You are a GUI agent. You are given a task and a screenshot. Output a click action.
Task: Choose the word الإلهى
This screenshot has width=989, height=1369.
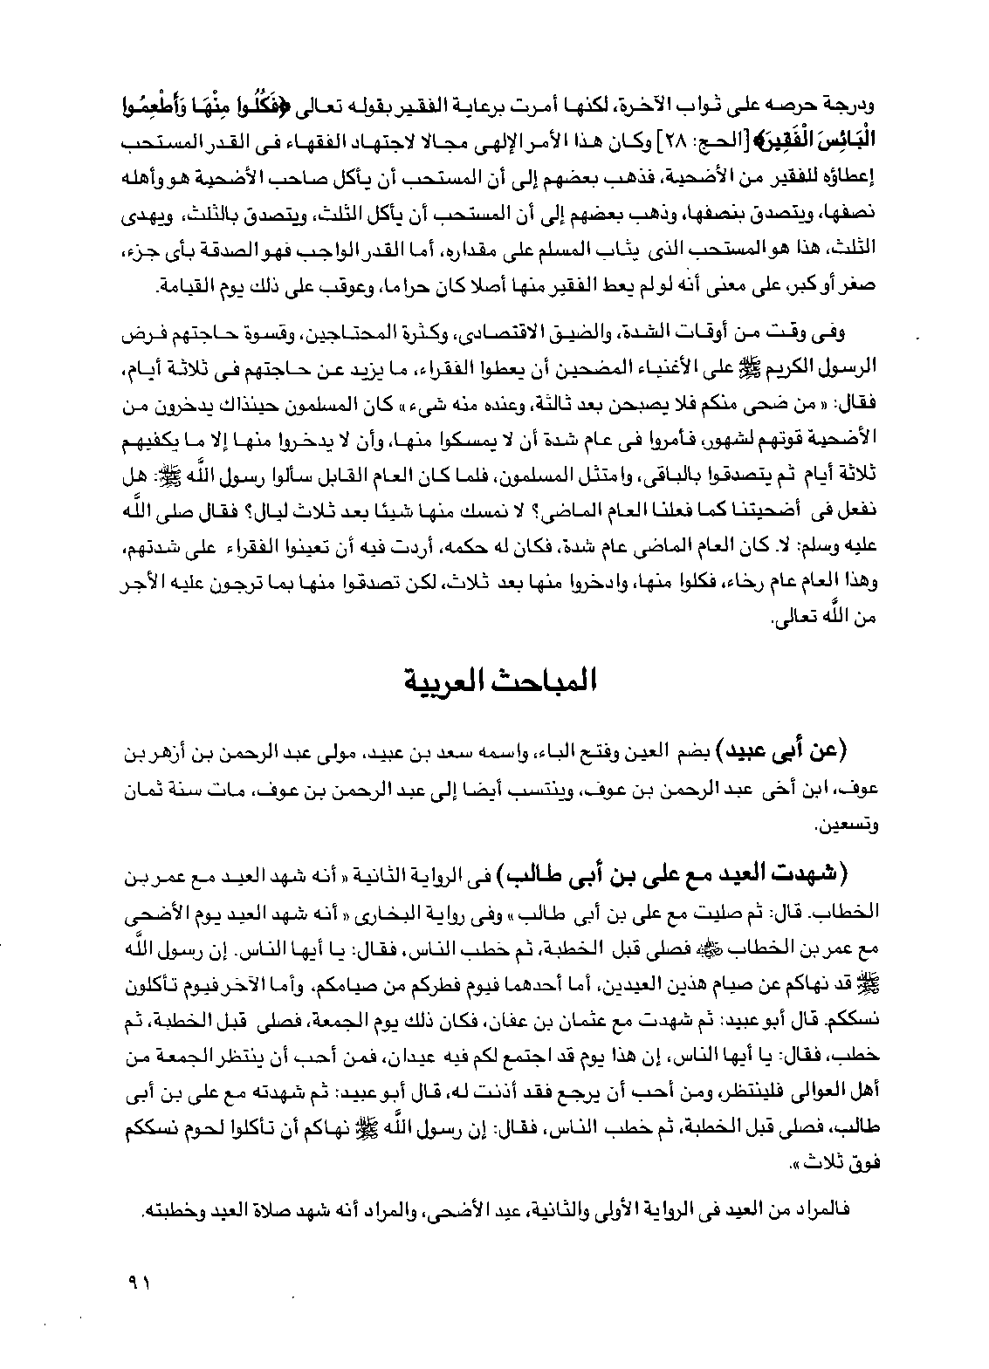point(512,143)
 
